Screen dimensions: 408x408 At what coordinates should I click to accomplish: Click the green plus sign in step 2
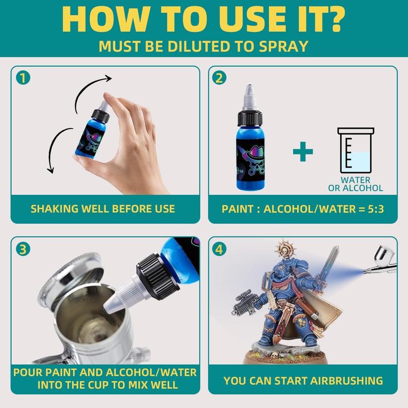[303, 151]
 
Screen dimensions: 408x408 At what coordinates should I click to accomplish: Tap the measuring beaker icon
[355, 150]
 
